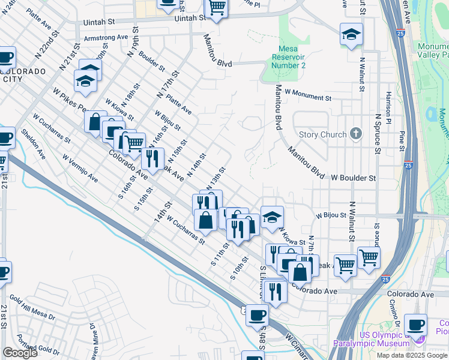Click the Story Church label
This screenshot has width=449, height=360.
pyautogui.click(x=322, y=134)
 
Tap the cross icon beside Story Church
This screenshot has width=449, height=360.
pyautogui.click(x=356, y=134)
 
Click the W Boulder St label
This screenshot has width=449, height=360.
pyautogui.click(x=353, y=178)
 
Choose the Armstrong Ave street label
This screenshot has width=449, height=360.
pyautogui.click(x=107, y=37)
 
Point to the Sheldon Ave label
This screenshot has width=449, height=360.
pyautogui.click(x=33, y=144)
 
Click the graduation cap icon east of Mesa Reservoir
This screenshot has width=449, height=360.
pyautogui.click(x=351, y=34)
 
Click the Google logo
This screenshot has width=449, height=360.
pyautogui.click(x=20, y=353)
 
